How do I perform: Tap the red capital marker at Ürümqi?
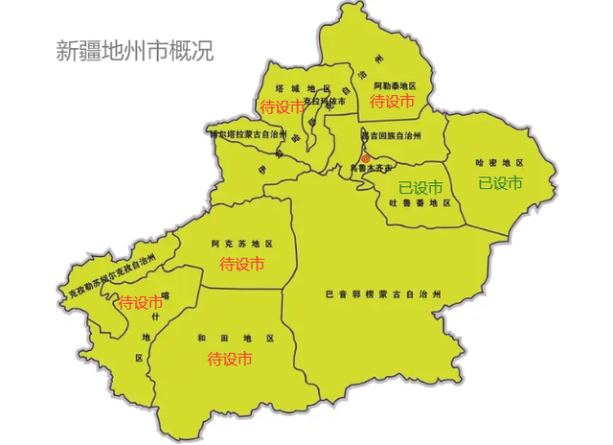[364, 158]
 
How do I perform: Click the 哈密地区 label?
[499, 164]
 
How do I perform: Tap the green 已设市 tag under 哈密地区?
[500, 182]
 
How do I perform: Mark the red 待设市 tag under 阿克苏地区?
[242, 263]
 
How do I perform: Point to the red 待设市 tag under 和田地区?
[230, 360]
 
